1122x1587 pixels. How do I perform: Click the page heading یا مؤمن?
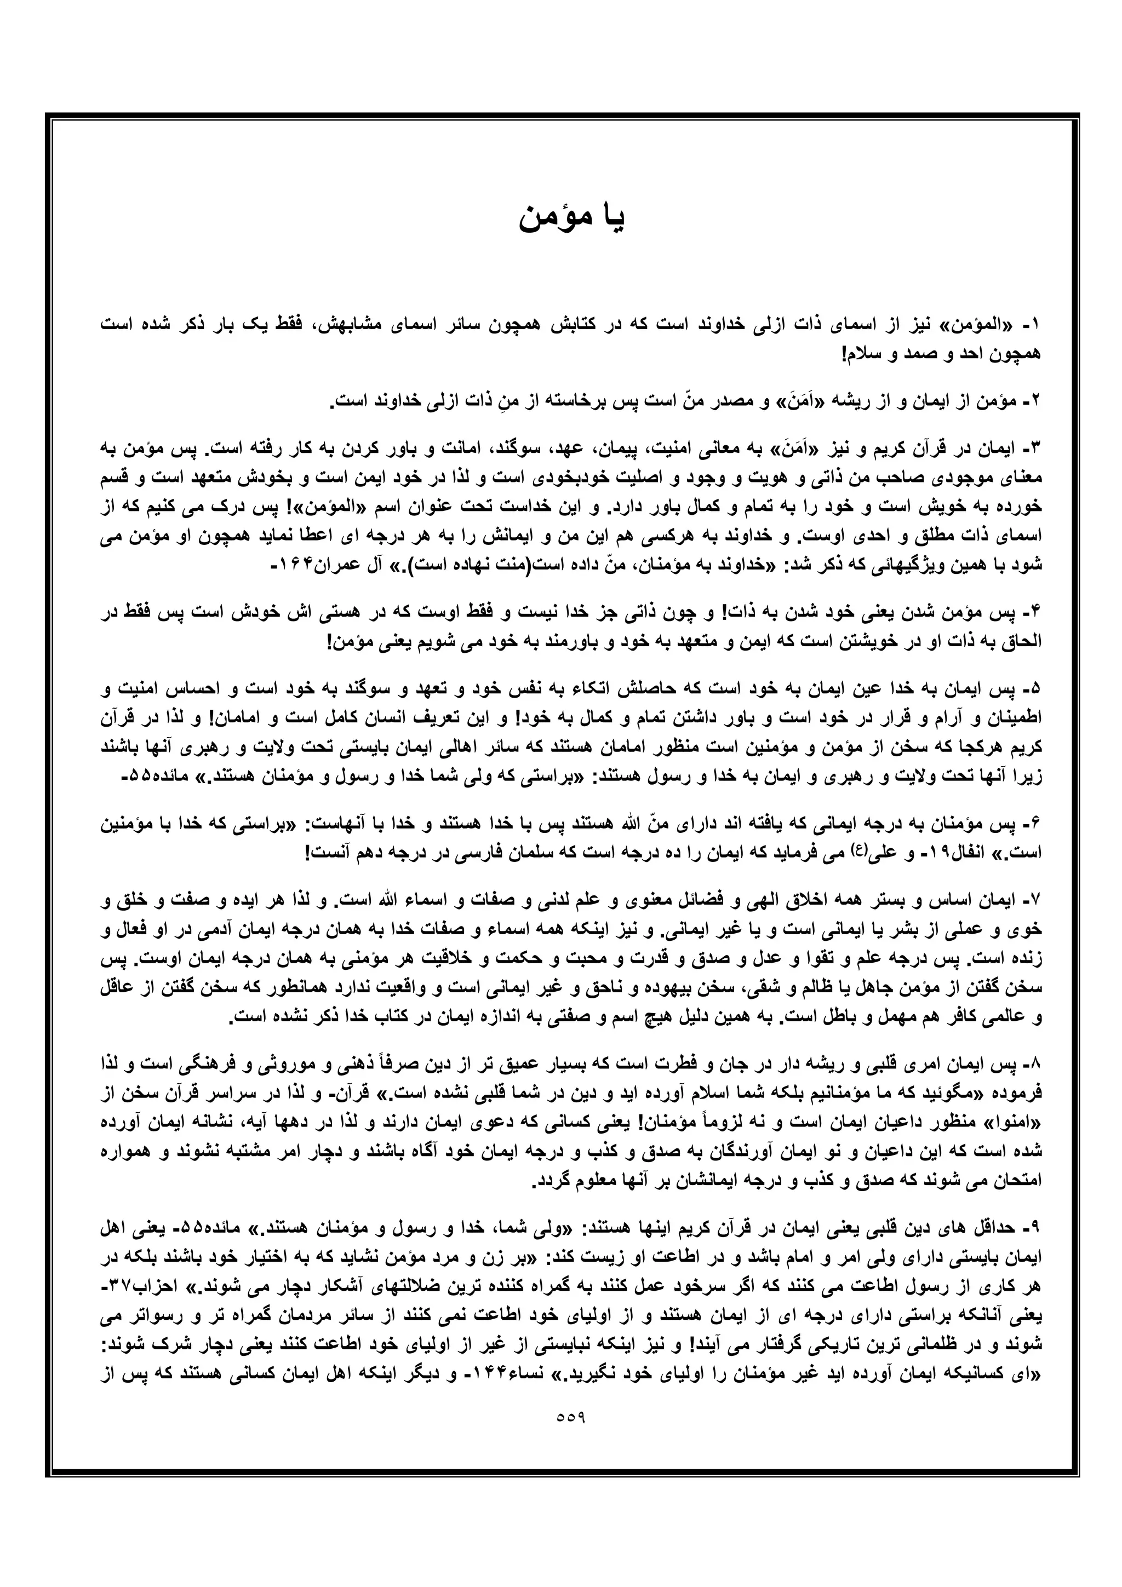(x=572, y=219)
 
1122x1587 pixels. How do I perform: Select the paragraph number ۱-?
(x=1033, y=324)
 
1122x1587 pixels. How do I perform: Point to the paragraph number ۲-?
(x=1033, y=401)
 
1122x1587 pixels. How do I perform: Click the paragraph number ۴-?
(x=1033, y=612)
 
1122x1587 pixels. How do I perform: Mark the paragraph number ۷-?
(x=1033, y=902)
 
